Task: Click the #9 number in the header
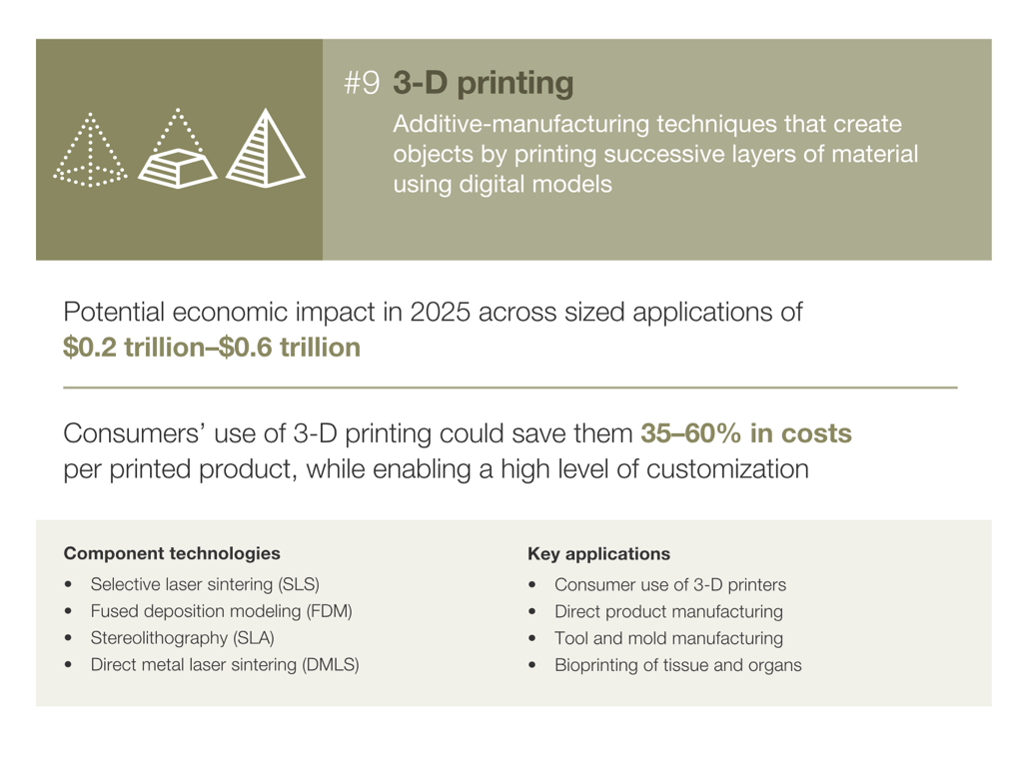(362, 83)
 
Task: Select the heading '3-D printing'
(483, 84)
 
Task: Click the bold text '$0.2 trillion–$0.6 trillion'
(212, 347)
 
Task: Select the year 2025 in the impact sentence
(440, 312)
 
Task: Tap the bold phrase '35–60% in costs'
(745, 433)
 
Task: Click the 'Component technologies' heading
(172, 553)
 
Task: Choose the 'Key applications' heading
(599, 553)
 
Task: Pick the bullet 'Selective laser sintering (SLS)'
(205, 584)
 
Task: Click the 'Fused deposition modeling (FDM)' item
(221, 611)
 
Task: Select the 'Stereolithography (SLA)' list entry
(182, 638)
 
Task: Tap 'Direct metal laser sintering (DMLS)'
(225, 664)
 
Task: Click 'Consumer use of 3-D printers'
(670, 584)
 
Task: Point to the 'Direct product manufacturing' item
(668, 612)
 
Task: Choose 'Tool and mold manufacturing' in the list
(668, 638)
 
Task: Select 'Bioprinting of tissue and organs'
(678, 665)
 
